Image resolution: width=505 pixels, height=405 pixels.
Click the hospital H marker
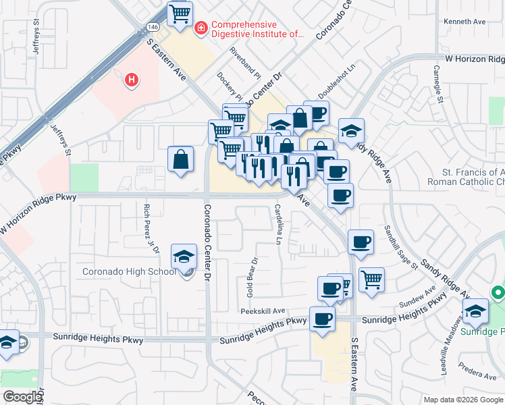coord(132,80)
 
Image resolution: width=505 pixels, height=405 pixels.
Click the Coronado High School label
coord(129,272)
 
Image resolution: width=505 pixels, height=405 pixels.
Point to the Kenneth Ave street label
coord(464,22)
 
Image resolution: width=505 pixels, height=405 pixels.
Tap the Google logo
coord(22,397)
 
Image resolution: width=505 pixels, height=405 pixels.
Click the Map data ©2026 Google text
coord(463,400)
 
